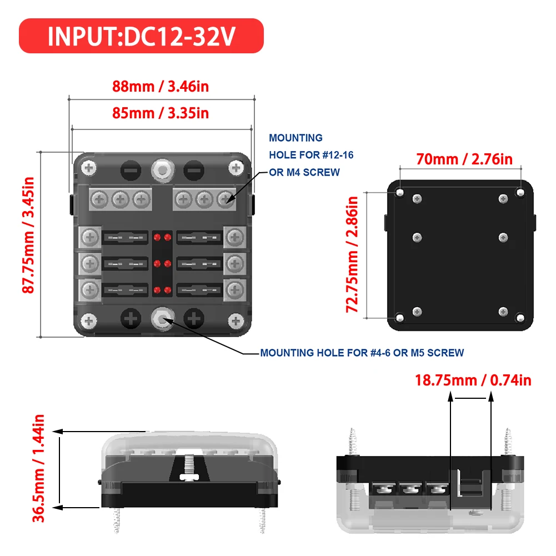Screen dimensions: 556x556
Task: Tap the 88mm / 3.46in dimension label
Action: tap(161, 87)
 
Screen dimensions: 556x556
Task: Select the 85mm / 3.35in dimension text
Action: tap(161, 113)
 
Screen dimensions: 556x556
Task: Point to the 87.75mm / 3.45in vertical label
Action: tap(28, 236)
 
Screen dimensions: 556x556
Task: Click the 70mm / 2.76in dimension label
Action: tap(464, 159)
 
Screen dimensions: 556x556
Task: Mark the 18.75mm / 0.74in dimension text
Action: tap(473, 380)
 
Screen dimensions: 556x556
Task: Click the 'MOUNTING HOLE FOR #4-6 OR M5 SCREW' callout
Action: tap(362, 353)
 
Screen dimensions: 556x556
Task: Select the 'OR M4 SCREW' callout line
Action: tap(304, 172)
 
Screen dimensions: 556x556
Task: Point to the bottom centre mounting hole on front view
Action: tap(162, 318)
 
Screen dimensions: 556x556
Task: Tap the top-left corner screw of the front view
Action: tap(88, 167)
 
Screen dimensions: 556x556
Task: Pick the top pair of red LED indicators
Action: tap(162, 238)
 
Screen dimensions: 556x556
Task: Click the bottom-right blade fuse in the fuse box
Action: tap(199, 289)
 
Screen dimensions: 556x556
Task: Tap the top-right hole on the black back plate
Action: tap(520, 192)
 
